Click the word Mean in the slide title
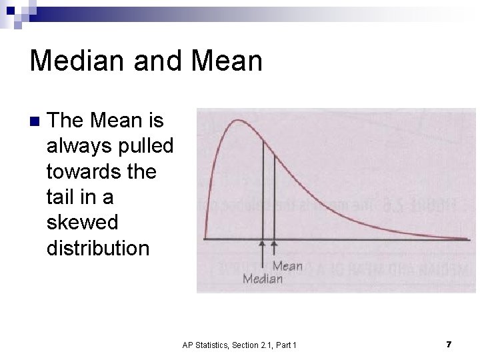(227, 61)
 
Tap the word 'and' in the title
(156, 61)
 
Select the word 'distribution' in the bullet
(98, 248)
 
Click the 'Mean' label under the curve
(287, 266)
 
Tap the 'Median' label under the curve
(263, 279)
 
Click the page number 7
(449, 344)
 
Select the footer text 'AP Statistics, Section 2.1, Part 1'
(239, 345)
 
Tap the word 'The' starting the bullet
(65, 121)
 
